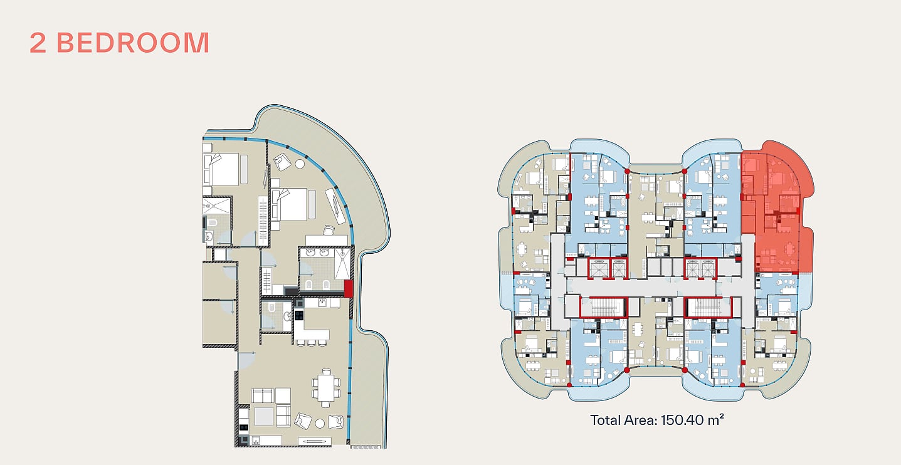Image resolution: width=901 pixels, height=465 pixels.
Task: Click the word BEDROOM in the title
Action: pos(133,43)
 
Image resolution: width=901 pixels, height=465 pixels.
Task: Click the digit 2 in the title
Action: pos(38,43)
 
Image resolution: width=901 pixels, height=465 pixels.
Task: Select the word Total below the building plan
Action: pos(606,420)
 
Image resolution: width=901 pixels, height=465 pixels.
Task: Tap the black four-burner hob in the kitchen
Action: pos(299,315)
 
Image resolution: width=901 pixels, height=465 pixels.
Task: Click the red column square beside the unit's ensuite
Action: pos(349,288)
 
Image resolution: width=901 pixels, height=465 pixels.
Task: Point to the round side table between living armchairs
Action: pos(320,423)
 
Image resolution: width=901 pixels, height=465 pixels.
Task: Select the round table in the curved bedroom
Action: pos(300,164)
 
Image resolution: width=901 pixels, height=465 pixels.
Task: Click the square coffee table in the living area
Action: pos(264,416)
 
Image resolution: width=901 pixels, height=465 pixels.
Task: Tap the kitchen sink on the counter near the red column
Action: pos(322,301)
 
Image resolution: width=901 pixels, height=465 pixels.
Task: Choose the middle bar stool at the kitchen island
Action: pos(312,343)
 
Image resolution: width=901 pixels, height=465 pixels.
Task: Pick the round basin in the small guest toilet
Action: pos(287,316)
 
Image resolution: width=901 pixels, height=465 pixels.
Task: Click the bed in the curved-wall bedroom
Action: pos(289,204)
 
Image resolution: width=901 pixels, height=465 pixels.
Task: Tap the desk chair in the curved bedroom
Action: pos(329,230)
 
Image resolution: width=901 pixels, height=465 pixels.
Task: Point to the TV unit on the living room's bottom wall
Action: pos(315,441)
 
